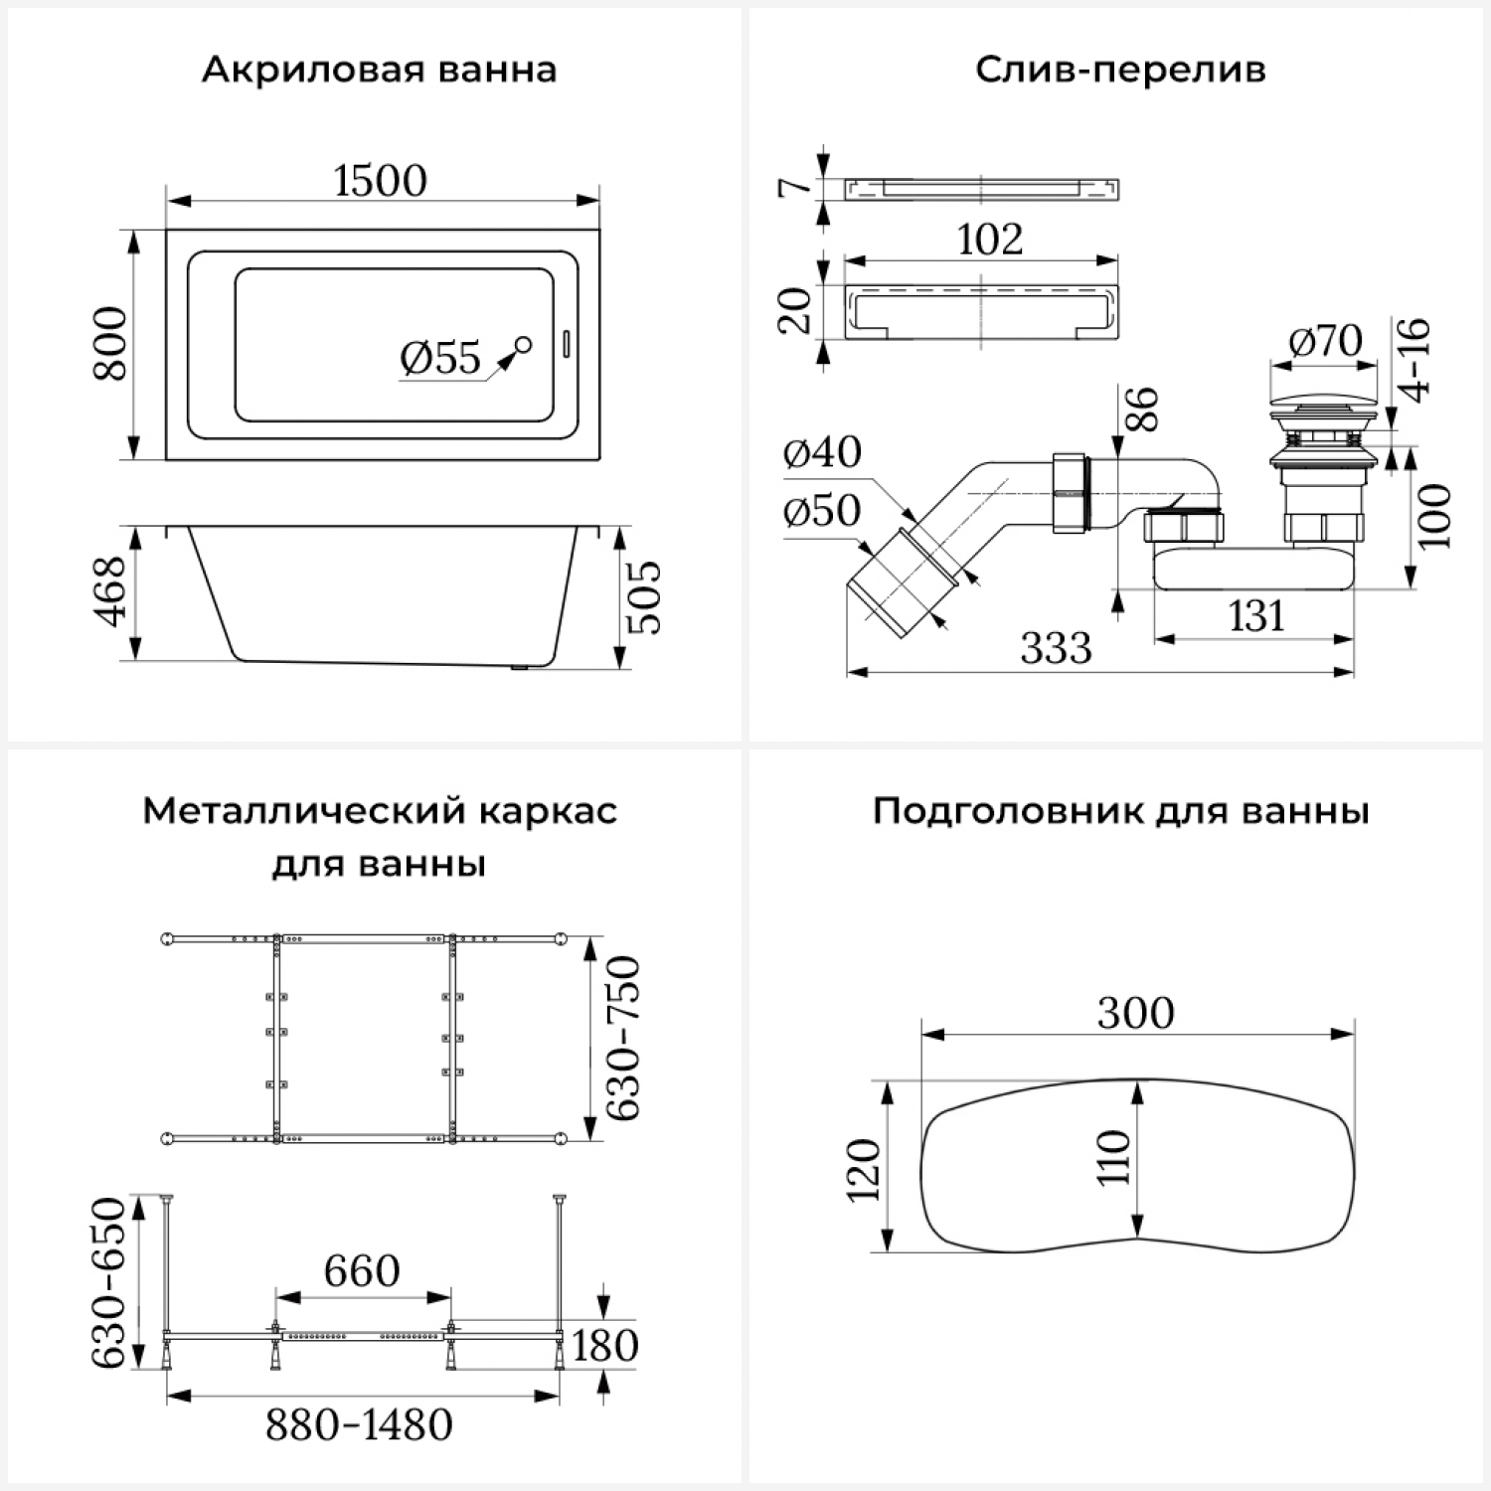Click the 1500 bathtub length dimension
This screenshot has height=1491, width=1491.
380,181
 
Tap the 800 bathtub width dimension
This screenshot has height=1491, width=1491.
110,344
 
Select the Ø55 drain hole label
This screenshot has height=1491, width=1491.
440,358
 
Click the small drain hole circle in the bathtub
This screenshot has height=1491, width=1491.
523,345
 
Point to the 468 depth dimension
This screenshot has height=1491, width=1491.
110,591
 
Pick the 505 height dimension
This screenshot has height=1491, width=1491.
645,596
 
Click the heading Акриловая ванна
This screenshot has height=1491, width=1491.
379,71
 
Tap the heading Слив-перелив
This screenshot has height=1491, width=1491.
1119,71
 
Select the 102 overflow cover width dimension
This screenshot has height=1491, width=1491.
989,240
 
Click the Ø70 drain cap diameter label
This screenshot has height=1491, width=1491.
1325,341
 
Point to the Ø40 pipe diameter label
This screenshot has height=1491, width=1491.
822,452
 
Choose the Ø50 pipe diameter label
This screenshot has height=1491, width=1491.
822,511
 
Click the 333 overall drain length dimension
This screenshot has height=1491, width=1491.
1056,648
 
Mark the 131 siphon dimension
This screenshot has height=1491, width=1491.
1256,616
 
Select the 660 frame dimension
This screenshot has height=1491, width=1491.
362,1270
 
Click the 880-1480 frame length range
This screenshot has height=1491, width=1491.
359,1425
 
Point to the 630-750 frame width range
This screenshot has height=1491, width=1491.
624,1038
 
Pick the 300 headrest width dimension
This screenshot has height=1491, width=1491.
1135,1013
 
